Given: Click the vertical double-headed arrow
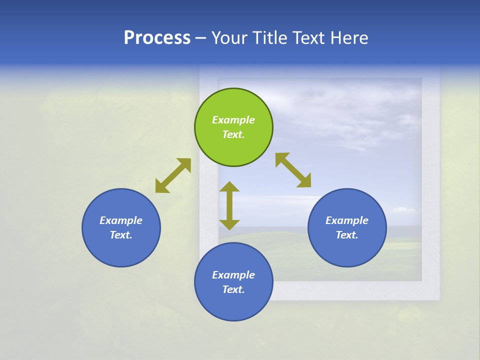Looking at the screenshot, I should pos(229,205).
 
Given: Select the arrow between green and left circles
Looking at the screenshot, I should pos(173,175).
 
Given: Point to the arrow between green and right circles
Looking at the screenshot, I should pos(293,170).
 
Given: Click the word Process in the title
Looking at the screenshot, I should pos(157,38).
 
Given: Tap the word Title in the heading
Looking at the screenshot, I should pos(270,38).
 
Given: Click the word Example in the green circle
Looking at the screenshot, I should pos(233,120).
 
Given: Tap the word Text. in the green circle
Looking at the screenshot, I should pos(233,134).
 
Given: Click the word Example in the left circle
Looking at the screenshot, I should pos(121,220).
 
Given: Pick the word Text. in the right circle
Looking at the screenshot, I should pos(347,235).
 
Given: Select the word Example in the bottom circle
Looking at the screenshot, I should pos(233,275).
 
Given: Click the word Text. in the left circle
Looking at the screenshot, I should pos(121,235).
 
